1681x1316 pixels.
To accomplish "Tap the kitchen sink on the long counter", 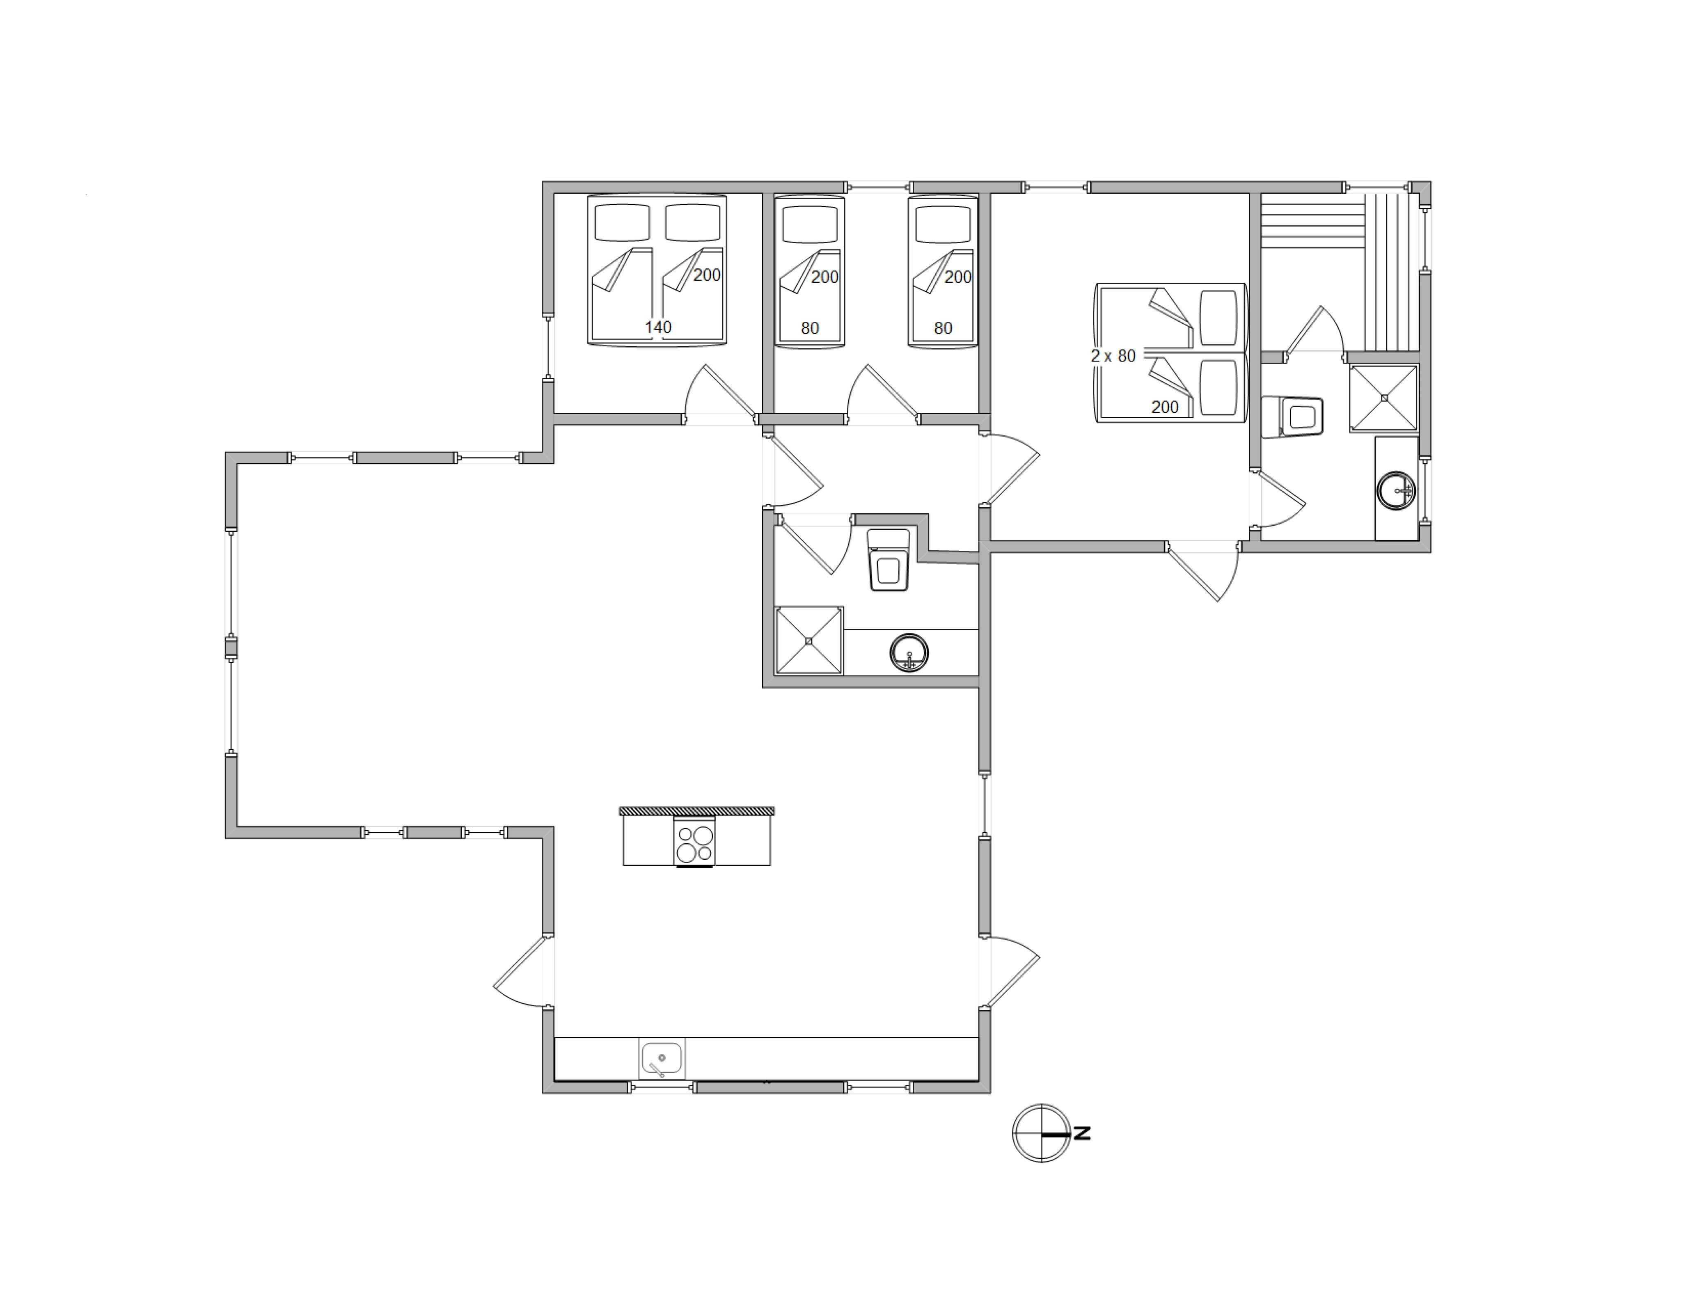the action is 662,1059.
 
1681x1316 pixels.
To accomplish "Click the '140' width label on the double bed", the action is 658,327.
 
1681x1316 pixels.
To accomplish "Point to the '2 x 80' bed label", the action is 1113,356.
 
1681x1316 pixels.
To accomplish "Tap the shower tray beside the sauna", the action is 1383,398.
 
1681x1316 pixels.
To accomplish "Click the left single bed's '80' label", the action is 810,328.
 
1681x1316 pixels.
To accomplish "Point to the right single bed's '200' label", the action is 957,277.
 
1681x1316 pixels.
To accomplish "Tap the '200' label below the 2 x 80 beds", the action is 1165,407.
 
